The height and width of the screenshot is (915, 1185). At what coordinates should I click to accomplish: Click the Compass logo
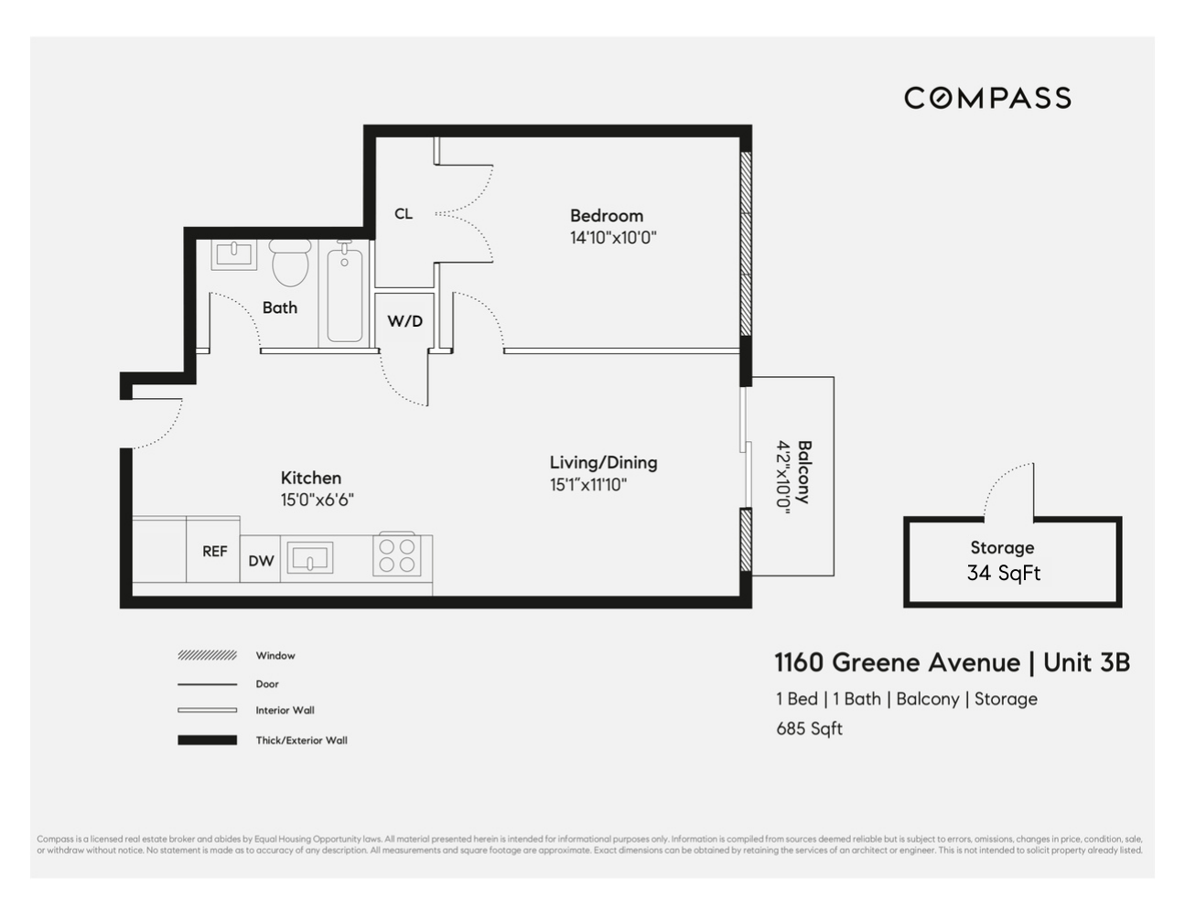987,98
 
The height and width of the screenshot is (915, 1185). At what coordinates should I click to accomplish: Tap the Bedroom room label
606,216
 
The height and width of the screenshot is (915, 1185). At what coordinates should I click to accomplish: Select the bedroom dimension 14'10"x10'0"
613,238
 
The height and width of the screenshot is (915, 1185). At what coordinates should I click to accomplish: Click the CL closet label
404,214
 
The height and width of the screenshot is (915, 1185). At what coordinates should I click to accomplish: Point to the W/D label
404,321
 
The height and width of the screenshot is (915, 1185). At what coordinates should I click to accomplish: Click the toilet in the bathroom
291,263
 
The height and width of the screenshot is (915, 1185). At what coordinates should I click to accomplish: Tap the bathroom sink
234,253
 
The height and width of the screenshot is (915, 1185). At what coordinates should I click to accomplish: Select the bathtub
345,293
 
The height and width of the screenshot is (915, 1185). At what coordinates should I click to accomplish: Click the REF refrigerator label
215,552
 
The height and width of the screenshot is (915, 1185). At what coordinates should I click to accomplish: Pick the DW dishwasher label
261,561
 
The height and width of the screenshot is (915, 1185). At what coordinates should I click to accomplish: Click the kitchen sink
309,557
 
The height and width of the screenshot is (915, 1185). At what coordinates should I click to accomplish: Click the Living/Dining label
603,463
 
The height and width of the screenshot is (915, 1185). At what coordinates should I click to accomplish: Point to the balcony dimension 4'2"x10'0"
784,478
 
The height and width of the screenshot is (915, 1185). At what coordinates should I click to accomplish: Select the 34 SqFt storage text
1003,574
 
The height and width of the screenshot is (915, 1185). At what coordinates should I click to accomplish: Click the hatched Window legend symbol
207,655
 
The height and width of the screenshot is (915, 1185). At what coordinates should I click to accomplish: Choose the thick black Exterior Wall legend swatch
207,740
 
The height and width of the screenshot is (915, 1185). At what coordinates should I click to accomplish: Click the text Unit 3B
1086,662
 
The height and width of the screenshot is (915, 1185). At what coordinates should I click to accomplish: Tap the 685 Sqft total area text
809,729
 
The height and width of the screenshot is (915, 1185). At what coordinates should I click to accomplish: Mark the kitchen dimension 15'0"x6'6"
317,501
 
